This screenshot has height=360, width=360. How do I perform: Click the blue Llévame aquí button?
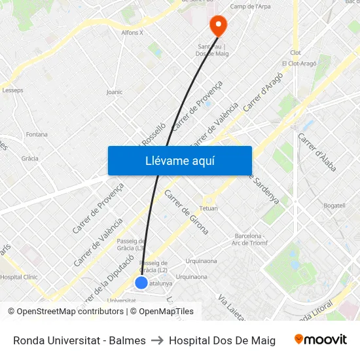coord(179,160)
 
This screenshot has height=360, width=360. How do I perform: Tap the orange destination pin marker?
coord(217,25)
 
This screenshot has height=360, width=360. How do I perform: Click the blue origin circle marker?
coord(141,283)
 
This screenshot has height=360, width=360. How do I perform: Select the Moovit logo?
coord(320,340)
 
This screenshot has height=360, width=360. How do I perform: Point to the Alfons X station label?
coord(132,32)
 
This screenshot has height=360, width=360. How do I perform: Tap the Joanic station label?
coord(114,92)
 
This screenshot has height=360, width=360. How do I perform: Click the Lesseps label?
coord(12,90)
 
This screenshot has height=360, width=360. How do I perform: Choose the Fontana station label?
coord(37,134)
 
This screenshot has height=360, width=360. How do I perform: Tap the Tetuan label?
coord(208,208)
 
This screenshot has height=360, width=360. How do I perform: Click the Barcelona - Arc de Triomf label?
coord(248,239)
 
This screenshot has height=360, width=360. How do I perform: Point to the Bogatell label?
coord(334,206)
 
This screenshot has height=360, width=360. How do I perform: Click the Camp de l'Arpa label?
coord(250,7)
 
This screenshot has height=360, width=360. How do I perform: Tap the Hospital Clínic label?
coord(19,277)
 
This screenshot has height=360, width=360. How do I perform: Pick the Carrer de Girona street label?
coord(186,212)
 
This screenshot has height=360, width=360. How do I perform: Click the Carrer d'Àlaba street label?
coord(317,153)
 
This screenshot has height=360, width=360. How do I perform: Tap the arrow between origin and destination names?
coord(157,340)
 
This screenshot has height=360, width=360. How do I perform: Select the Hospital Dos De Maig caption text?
coord(222,340)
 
